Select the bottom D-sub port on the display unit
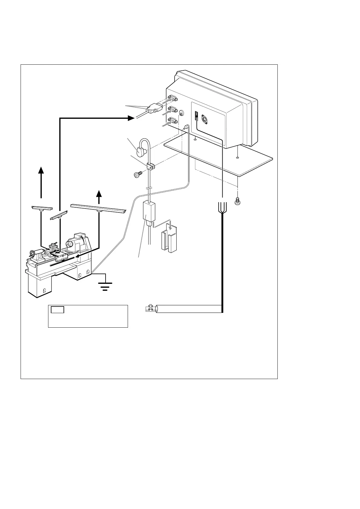point(172,121)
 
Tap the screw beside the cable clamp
point(138,175)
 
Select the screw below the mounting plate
point(237,200)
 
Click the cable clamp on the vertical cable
point(150,166)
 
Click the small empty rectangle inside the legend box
point(57,310)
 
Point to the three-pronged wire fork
point(222,207)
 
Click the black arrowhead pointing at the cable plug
point(131,118)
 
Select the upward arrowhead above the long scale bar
point(99,193)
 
